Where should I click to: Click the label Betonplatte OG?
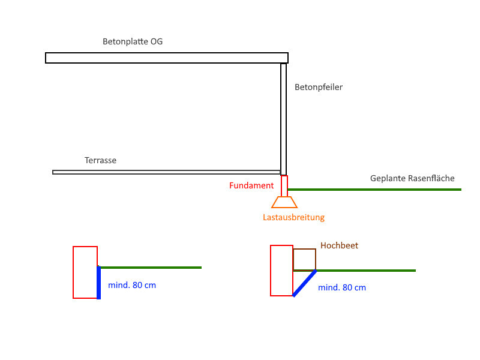[133, 42]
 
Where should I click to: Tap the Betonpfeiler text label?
[319, 87]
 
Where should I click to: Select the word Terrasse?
[100, 160]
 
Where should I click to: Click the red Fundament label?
[251, 185]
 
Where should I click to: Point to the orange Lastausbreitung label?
[293, 217]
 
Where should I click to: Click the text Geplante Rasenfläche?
[412, 178]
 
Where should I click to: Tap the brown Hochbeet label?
[339, 245]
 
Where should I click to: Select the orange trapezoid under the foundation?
[284, 202]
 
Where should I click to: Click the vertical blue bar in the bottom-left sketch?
[98, 282]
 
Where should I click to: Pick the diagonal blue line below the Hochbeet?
[304, 283]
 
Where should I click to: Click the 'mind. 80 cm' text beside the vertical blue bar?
[132, 285]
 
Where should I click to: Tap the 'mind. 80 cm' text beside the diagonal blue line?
[342, 287]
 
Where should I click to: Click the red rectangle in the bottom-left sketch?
[85, 272]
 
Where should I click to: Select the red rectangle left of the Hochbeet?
[281, 270]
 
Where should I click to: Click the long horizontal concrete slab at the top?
[167, 58]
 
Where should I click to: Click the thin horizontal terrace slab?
[166, 172]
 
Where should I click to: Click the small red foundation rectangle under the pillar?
[284, 185]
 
